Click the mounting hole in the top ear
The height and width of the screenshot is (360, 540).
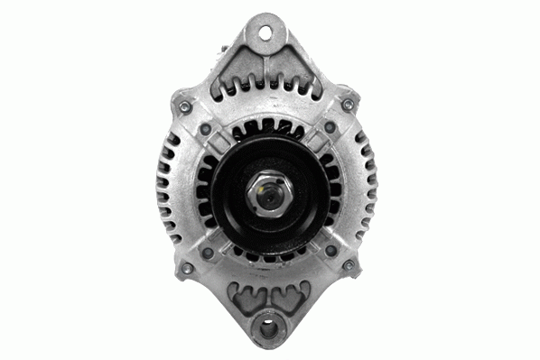[266, 32]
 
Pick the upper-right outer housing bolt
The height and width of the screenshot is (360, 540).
[347, 106]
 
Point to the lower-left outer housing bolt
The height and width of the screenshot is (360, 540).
[186, 268]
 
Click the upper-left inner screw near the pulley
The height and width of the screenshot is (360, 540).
[206, 129]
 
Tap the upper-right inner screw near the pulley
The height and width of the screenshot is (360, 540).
[328, 129]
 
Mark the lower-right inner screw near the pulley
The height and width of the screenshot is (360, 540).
[330, 250]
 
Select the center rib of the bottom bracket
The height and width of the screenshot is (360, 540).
[268, 293]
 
